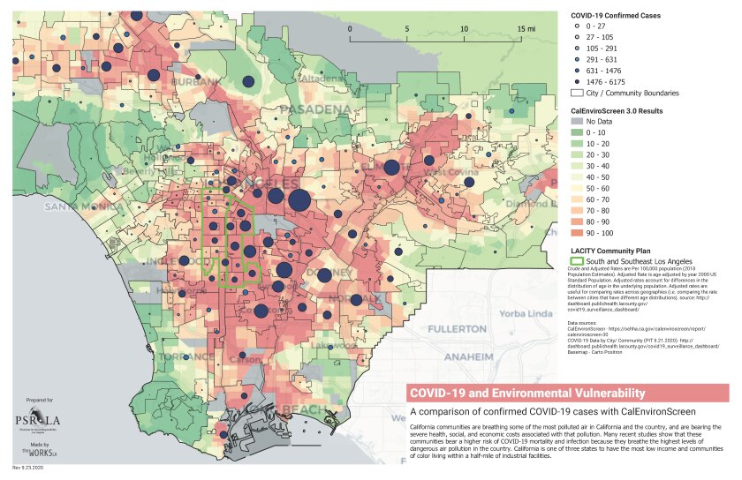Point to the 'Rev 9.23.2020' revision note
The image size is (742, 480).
[x=27, y=469]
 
